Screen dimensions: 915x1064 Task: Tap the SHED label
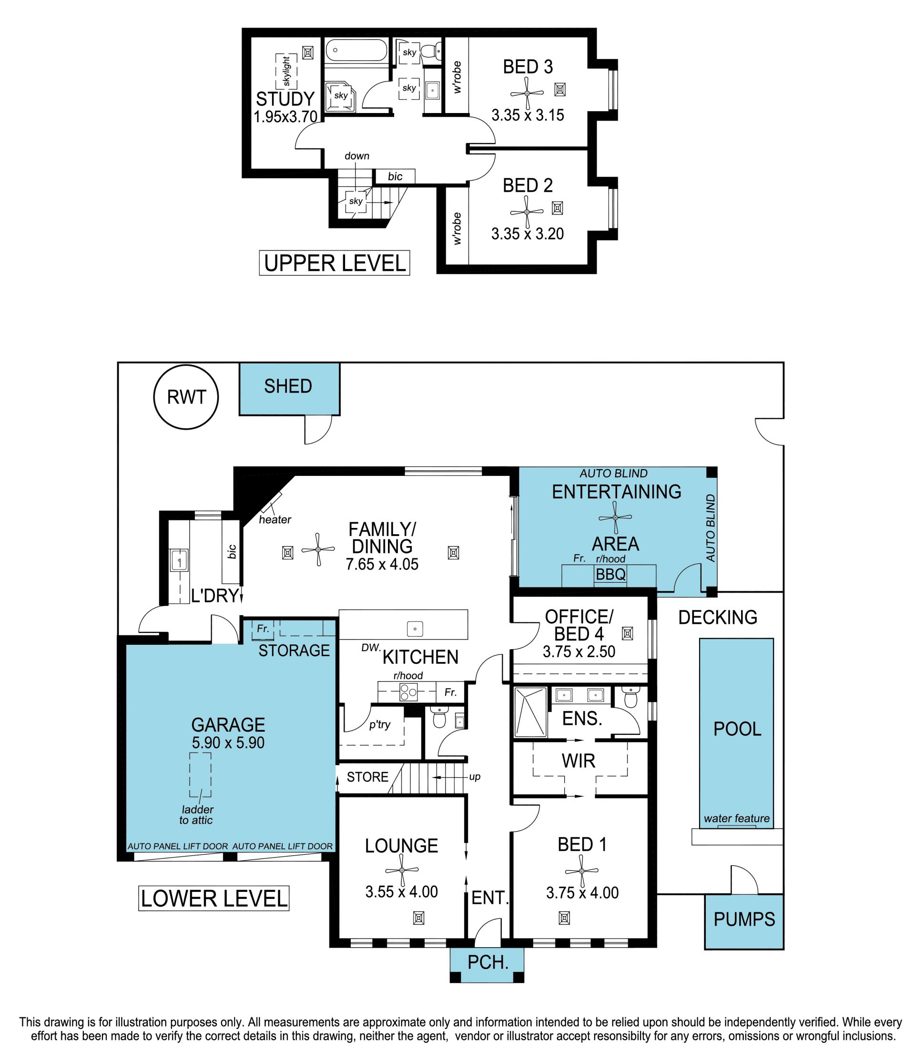point(288,386)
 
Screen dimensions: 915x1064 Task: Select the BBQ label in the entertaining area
point(610,574)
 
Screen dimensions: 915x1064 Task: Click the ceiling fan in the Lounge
point(402,870)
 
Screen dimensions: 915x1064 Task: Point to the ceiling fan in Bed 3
point(527,93)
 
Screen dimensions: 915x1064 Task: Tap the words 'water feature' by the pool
point(736,818)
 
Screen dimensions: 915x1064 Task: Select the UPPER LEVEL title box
point(334,263)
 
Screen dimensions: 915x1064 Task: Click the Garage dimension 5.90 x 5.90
point(228,743)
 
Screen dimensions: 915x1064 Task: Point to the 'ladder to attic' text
point(196,815)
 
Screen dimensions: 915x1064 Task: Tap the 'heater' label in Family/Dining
point(275,520)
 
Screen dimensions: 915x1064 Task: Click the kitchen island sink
point(415,628)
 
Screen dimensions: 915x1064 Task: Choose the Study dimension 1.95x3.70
point(285,117)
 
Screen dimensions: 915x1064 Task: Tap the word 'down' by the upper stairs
point(356,156)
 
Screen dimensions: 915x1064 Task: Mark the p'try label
point(380,724)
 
